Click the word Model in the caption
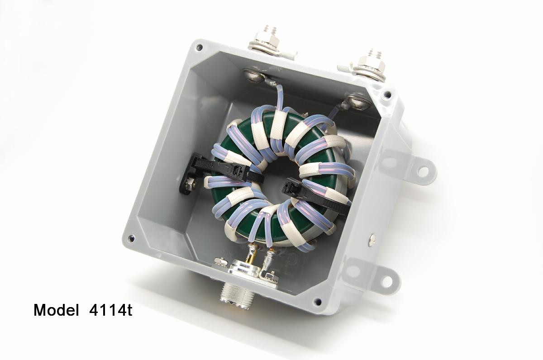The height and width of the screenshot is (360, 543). click(x=55, y=310)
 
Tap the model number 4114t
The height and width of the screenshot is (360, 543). click(x=108, y=310)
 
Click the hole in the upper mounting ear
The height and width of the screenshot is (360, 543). click(x=423, y=171)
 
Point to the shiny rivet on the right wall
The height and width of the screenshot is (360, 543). click(x=372, y=237)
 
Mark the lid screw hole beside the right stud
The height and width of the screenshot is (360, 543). click(x=387, y=95)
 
